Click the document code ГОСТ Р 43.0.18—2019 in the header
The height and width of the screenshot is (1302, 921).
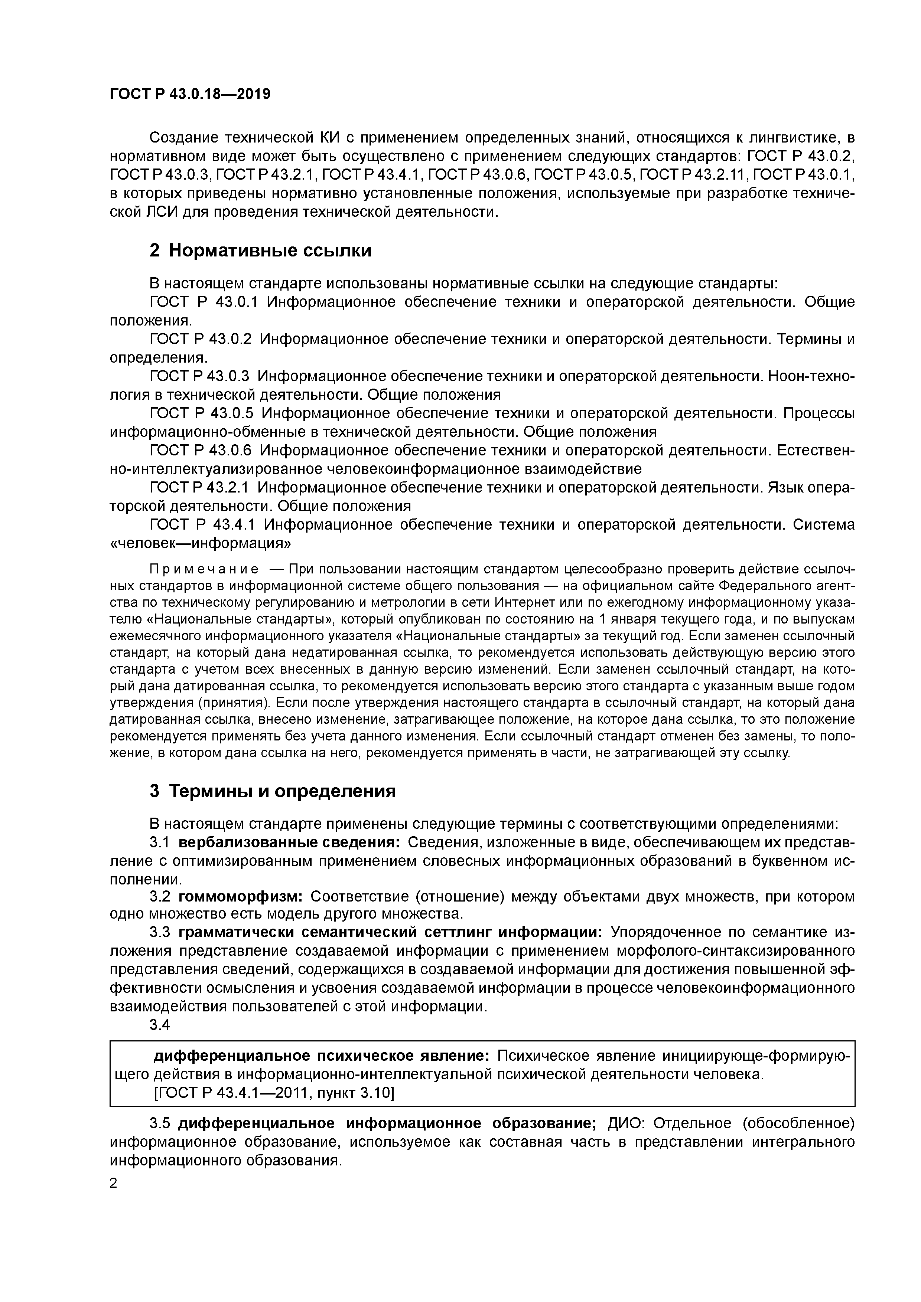[189, 94]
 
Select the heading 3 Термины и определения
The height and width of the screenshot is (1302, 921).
[272, 791]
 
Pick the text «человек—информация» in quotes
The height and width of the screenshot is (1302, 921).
[200, 543]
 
